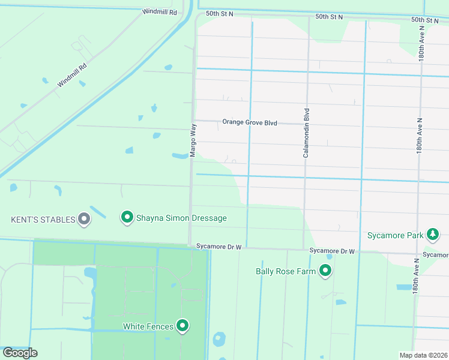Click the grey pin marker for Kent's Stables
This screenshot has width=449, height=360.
(85, 219)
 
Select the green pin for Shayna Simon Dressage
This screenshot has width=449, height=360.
(127, 217)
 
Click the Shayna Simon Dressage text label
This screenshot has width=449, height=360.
(181, 218)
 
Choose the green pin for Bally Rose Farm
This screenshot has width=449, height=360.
(326, 271)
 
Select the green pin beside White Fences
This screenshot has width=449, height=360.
(182, 326)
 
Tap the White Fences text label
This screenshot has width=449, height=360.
(148, 326)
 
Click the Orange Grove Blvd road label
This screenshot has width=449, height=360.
(250, 122)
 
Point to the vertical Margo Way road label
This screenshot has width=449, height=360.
(193, 140)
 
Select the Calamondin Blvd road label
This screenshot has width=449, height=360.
(306, 133)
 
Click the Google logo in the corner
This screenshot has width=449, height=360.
(20, 353)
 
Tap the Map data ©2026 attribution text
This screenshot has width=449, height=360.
(423, 355)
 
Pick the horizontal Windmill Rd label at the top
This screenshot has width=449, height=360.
(160, 12)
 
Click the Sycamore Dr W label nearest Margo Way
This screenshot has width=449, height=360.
(218, 246)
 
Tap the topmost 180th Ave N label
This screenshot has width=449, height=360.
(422, 44)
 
